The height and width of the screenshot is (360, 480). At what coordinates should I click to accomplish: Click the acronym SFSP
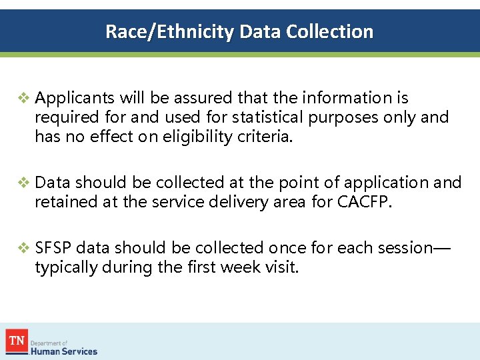(53, 248)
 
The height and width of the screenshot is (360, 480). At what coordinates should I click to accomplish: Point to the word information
(347, 98)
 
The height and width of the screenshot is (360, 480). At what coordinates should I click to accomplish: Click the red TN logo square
(16, 341)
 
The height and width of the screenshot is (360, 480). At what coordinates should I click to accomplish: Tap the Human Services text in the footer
(66, 351)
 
